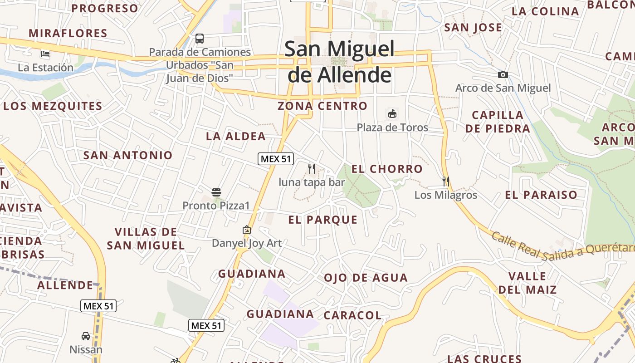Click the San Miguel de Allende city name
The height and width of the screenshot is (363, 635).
click(x=339, y=62)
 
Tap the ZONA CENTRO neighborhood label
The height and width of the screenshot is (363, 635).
click(x=322, y=106)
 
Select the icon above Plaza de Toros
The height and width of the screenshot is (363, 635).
click(x=392, y=113)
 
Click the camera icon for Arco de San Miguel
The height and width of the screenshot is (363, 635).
click(x=503, y=74)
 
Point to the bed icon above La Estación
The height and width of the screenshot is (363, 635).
click(x=45, y=54)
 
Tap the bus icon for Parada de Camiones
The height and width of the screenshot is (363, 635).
click(x=200, y=39)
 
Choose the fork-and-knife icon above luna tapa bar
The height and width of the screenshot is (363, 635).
click(x=312, y=169)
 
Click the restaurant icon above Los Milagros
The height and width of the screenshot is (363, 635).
click(x=446, y=181)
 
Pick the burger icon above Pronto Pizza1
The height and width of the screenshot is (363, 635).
click(x=216, y=192)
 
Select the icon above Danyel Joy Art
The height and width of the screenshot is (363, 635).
click(x=247, y=230)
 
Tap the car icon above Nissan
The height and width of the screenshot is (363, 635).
click(x=86, y=336)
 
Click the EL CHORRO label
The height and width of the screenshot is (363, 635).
click(x=387, y=169)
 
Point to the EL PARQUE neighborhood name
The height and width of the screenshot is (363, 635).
click(x=323, y=220)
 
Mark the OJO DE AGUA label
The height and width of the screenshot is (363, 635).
click(x=366, y=278)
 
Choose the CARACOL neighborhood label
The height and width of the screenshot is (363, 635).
click(x=352, y=315)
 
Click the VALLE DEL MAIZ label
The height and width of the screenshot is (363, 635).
click(x=527, y=283)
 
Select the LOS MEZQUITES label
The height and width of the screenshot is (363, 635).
click(x=53, y=107)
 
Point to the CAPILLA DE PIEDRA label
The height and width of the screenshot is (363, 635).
click(x=498, y=122)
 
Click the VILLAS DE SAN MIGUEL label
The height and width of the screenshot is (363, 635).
click(x=146, y=239)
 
